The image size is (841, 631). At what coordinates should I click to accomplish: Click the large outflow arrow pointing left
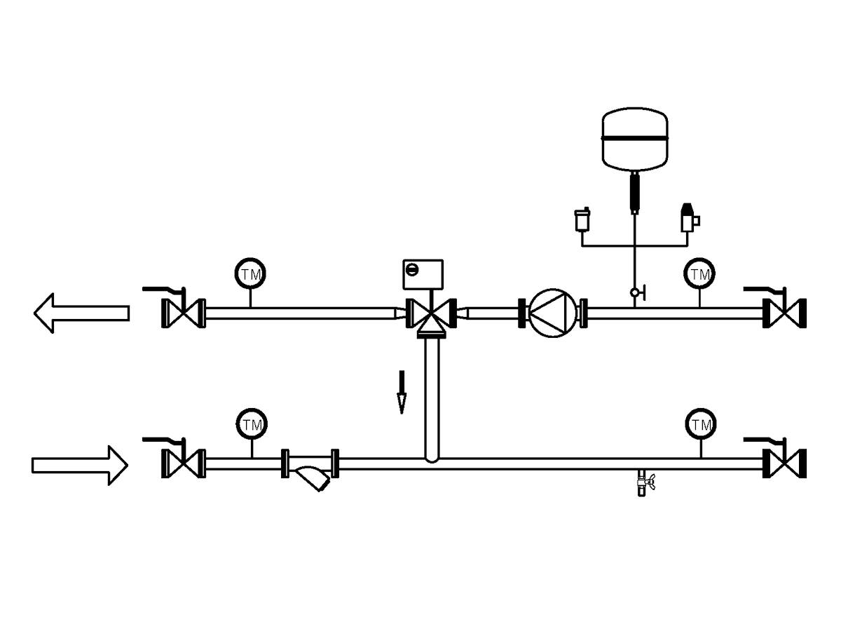(x=81, y=313)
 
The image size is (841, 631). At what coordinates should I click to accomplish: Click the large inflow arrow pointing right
(x=80, y=466)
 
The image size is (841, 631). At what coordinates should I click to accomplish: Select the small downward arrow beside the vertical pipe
(x=402, y=392)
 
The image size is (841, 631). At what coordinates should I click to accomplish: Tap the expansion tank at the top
(x=635, y=139)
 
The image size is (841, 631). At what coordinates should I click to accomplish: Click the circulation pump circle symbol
(x=552, y=313)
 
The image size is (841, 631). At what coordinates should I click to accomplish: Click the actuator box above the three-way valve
(x=423, y=274)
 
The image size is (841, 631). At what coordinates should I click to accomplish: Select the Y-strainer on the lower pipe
(x=310, y=468)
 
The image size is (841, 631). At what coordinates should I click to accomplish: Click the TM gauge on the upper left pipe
(x=251, y=273)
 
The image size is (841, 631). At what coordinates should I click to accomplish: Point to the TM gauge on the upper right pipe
(x=699, y=273)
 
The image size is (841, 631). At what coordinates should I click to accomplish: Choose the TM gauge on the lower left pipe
(x=252, y=423)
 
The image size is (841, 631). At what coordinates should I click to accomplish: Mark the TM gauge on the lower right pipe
(x=701, y=423)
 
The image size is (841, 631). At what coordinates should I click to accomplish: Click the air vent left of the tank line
(x=582, y=220)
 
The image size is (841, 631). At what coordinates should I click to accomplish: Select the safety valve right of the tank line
(x=688, y=218)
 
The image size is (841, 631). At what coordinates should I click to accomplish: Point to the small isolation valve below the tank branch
(x=638, y=292)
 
